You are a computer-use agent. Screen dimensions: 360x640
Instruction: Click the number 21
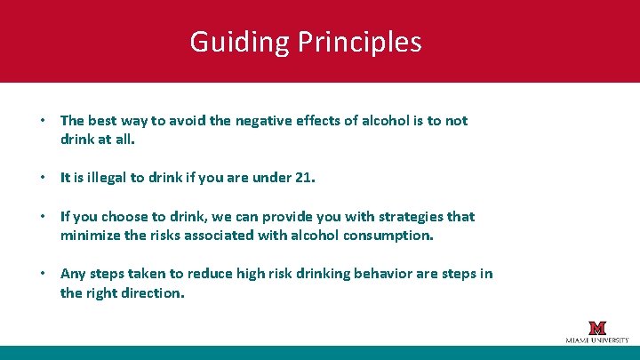click(x=304, y=177)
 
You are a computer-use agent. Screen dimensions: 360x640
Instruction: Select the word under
click(x=270, y=177)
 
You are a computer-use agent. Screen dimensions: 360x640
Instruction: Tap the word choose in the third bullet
click(x=127, y=216)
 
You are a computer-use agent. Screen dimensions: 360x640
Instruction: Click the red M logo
click(x=596, y=327)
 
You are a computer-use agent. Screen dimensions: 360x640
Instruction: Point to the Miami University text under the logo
click(x=596, y=340)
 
